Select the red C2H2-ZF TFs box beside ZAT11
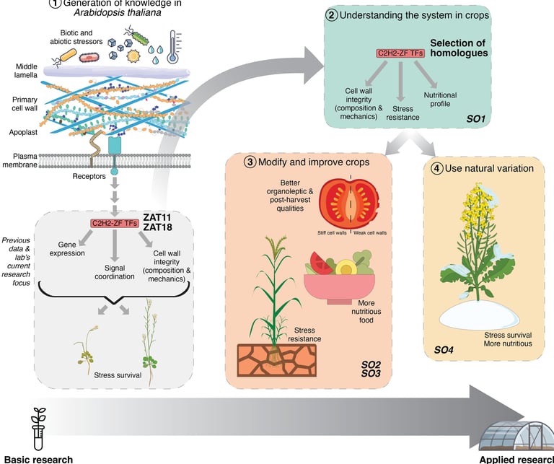115,222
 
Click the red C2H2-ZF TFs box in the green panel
401,53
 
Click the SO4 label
444,350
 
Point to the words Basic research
38,458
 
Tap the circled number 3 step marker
250,162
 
